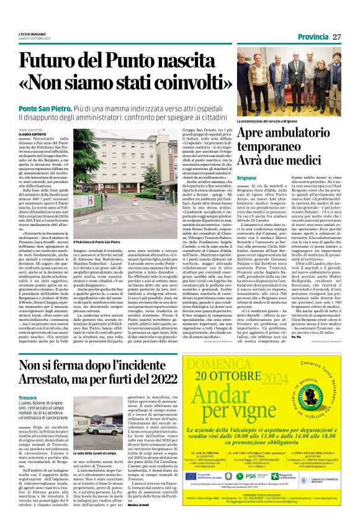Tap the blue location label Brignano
coord(246,177)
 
